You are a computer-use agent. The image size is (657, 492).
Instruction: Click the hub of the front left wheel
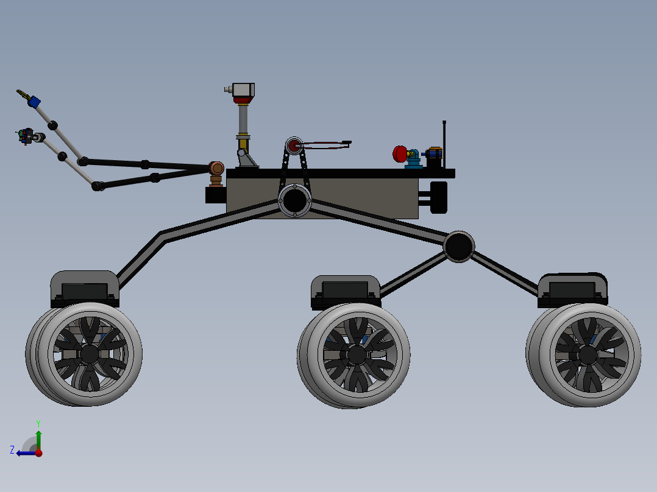[89, 354]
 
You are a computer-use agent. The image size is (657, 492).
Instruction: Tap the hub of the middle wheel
[357, 355]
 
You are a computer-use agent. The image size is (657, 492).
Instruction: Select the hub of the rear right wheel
[588, 356]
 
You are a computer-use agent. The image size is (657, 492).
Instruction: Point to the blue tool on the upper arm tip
[34, 102]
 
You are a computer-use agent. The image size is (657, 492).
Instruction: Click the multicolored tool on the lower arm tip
[26, 136]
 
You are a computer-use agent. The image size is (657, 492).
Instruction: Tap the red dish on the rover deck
[399, 154]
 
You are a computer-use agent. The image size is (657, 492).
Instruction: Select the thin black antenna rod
[444, 145]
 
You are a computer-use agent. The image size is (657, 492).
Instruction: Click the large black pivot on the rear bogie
[459, 247]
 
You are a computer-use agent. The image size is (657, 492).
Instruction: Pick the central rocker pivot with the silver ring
[294, 200]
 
